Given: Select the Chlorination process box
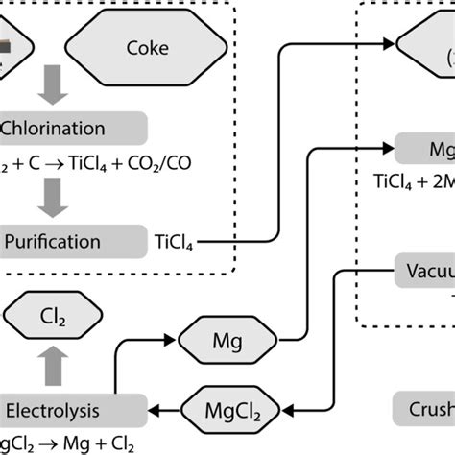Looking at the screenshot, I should tap(72, 128).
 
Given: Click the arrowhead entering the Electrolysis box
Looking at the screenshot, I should tap(155, 411).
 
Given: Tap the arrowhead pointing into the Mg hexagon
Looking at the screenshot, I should tap(174, 340).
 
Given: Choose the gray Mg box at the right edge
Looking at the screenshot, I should tap(425, 150).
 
